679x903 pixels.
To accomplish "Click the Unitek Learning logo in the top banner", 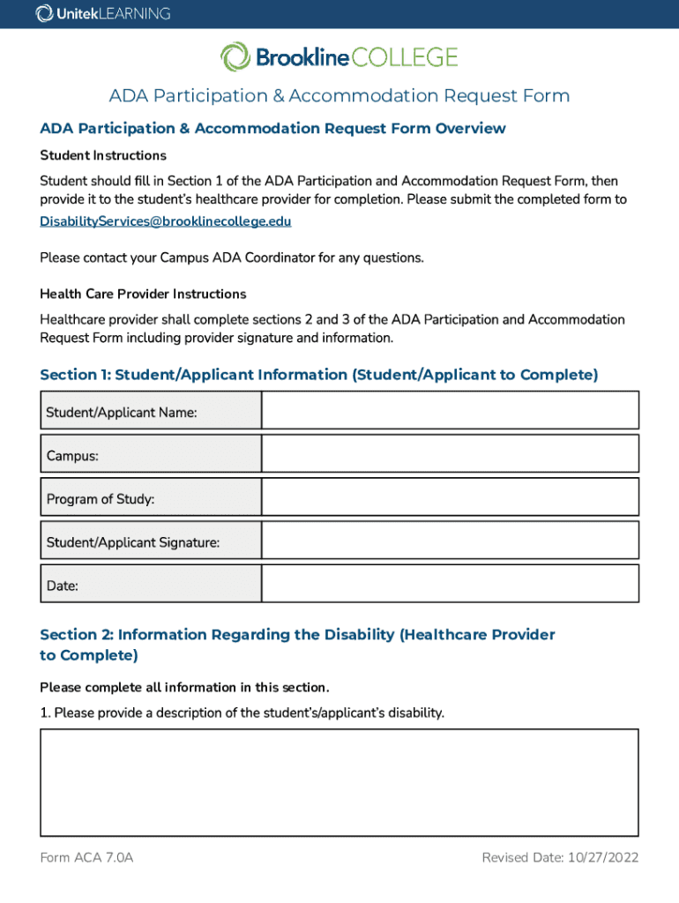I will [103, 14].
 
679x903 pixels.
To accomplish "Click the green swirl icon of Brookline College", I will [235, 58].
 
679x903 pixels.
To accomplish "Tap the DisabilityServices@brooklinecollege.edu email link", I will [166, 221].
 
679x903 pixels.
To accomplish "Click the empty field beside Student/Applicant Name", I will [450, 411].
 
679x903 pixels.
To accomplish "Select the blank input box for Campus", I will [450, 454].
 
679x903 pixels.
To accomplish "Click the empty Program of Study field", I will [450, 497].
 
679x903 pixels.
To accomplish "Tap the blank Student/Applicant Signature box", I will [450, 541].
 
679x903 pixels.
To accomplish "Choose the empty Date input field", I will [450, 584].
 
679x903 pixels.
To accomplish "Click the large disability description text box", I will [339, 782].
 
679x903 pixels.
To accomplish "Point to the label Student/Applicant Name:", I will [122, 412].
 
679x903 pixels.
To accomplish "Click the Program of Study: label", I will [101, 499].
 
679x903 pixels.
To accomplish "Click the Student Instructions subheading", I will [103, 156].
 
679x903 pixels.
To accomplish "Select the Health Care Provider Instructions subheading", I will [143, 294].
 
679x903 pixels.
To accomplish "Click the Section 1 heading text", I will [318, 375].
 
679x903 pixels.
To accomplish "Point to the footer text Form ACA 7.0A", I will [86, 858].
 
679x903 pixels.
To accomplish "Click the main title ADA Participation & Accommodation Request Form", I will [339, 95].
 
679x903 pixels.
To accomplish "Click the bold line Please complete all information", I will [184, 687].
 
